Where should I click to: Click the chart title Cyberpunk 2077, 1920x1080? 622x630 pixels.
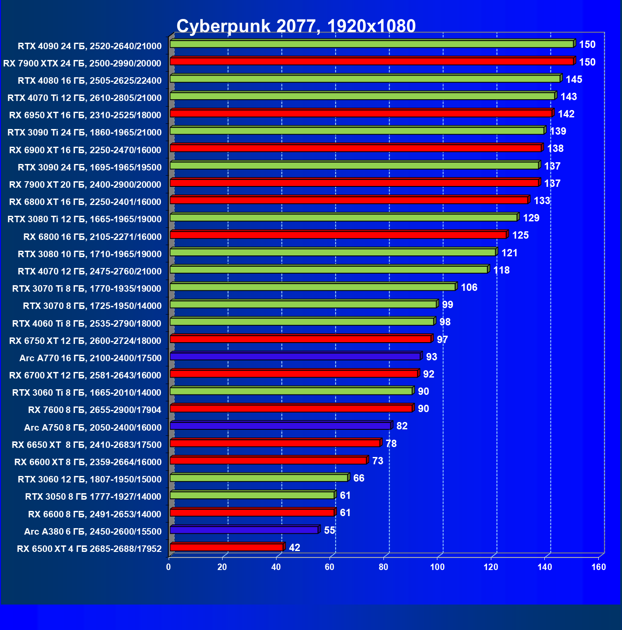(x=296, y=26)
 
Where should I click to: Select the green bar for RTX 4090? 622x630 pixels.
(x=372, y=44)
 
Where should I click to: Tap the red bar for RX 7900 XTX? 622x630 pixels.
(x=372, y=61)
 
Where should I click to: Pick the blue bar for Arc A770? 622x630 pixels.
(x=295, y=356)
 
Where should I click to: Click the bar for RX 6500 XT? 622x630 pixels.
(x=227, y=547)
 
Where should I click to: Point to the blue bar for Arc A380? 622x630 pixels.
(x=244, y=530)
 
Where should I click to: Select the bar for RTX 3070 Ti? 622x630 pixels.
(x=313, y=287)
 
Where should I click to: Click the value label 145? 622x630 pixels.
(x=574, y=79)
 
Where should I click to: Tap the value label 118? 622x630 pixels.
(x=501, y=270)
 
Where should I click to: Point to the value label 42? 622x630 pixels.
(x=294, y=548)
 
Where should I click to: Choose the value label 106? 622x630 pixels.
(x=469, y=287)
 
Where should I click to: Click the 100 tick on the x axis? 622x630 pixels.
(x=437, y=567)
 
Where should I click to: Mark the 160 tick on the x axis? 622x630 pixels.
(x=599, y=567)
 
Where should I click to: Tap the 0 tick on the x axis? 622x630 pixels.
(x=169, y=567)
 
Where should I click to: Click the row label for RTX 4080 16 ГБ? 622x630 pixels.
(x=90, y=81)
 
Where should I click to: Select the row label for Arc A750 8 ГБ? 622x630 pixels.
(x=93, y=428)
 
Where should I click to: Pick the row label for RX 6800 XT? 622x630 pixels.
(x=85, y=202)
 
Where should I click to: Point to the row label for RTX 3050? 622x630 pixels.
(x=93, y=497)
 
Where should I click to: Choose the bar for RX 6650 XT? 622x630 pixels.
(x=275, y=443)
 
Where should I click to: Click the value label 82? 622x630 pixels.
(x=402, y=426)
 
